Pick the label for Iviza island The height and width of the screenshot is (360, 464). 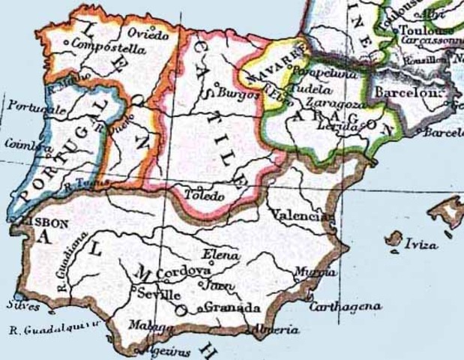click(421, 244)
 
